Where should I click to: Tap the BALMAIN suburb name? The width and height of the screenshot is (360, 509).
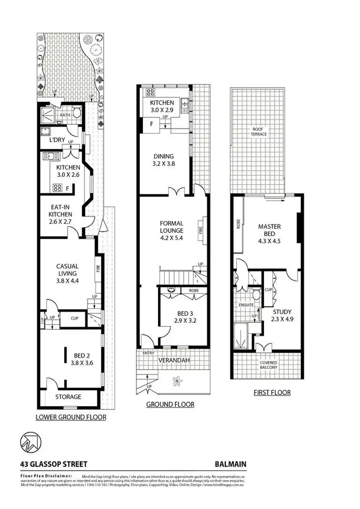(x=230, y=464)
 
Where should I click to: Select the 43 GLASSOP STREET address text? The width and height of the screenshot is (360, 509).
(x=54, y=464)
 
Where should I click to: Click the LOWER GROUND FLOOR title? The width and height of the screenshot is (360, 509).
(x=71, y=417)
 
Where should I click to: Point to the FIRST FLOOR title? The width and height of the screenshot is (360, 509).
(x=272, y=392)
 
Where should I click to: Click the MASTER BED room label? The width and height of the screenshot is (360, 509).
(x=269, y=230)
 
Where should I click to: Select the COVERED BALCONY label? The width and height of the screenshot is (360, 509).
(x=268, y=366)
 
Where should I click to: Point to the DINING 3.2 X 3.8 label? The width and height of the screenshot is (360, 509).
(x=164, y=159)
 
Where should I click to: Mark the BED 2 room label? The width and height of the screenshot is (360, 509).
(x=84, y=359)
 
